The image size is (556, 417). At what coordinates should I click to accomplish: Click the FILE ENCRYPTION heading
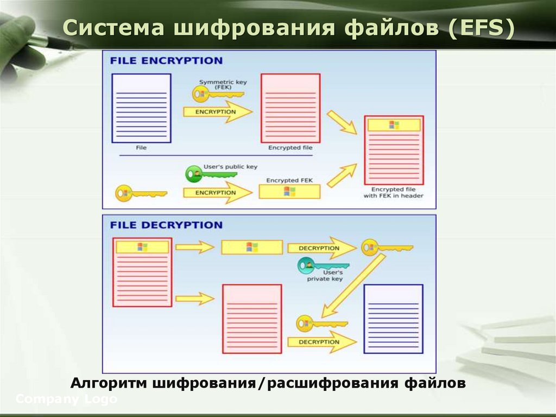166,60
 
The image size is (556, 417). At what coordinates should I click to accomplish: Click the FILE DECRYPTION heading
166,225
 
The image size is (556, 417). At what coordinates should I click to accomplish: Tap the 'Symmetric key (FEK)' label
223,84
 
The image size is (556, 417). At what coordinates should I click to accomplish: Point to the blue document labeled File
141,108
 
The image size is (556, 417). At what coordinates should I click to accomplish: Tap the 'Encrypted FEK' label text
289,180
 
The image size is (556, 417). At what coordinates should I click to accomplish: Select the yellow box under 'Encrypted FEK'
289,191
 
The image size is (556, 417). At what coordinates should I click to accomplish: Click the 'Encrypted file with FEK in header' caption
394,192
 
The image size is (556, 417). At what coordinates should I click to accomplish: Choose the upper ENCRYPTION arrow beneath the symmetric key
217,111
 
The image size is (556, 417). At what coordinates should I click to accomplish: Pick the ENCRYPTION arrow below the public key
217,192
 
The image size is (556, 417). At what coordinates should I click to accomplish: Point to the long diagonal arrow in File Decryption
353,285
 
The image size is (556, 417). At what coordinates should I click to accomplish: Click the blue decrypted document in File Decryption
393,319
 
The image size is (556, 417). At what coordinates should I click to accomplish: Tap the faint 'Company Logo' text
66,399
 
